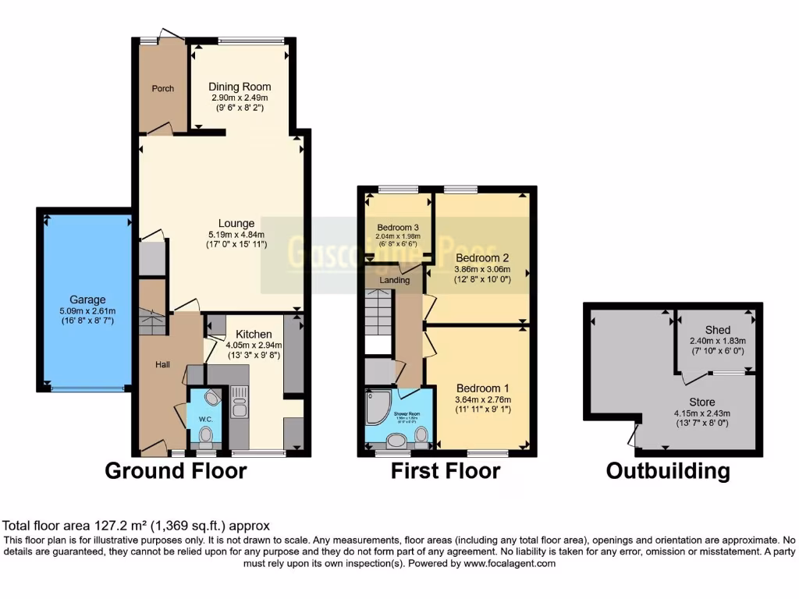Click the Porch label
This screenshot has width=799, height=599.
(162, 88)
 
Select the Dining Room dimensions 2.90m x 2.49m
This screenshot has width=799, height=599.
(240, 98)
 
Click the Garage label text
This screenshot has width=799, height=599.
(86, 299)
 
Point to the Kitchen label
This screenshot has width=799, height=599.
(254, 333)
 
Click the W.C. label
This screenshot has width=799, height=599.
(205, 419)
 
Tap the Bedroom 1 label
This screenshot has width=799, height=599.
(483, 388)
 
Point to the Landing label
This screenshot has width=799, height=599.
(395, 279)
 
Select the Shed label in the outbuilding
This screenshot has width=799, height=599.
(717, 330)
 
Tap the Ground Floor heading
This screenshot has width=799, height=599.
(176, 470)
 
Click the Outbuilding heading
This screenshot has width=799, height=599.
(668, 470)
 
